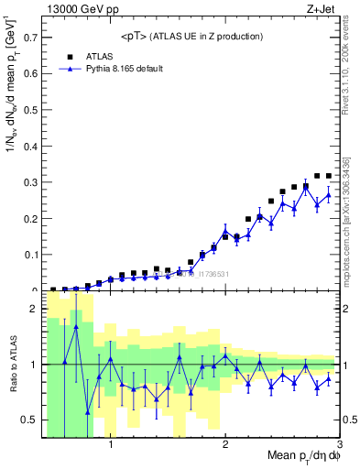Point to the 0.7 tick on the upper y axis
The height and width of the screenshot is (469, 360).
click(x=31, y=38)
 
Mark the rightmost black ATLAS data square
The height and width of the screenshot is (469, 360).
click(x=328, y=175)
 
